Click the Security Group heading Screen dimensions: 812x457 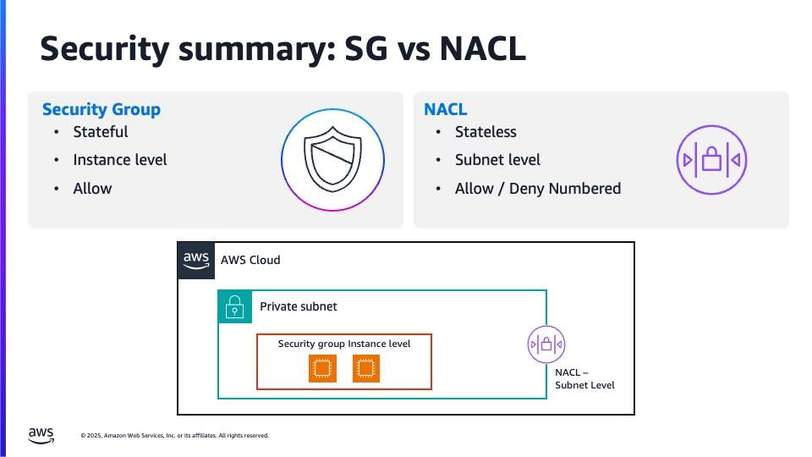click(x=101, y=109)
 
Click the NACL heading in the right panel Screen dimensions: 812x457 click(x=446, y=109)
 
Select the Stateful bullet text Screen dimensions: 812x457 click(x=101, y=132)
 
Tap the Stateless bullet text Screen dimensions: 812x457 click(x=486, y=132)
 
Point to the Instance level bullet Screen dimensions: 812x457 click(x=120, y=160)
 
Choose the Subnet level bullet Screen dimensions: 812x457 click(x=497, y=160)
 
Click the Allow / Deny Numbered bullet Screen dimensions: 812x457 click(x=538, y=189)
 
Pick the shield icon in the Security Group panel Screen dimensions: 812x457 click(x=332, y=159)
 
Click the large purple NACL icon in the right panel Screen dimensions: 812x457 click(x=711, y=160)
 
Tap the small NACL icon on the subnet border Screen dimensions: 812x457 click(x=546, y=344)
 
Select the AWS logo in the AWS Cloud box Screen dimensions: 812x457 click(x=196, y=261)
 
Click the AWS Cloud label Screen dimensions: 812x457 click(x=250, y=260)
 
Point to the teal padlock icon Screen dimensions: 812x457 click(x=235, y=306)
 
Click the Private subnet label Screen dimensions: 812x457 click(x=299, y=306)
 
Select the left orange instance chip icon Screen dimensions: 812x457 click(x=322, y=368)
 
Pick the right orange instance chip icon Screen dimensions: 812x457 click(x=366, y=368)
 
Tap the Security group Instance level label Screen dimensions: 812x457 click(x=344, y=344)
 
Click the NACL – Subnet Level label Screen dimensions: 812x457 click(x=584, y=379)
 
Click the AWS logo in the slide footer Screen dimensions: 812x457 click(x=41, y=436)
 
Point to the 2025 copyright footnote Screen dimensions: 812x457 click(x=175, y=436)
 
